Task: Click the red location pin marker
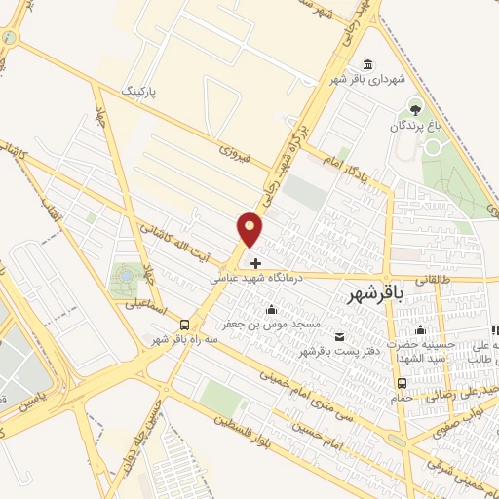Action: coord(250,229)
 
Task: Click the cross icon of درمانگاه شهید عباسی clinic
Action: coord(255,263)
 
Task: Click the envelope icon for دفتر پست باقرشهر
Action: coord(338,337)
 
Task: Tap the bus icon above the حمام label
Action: coord(403,383)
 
